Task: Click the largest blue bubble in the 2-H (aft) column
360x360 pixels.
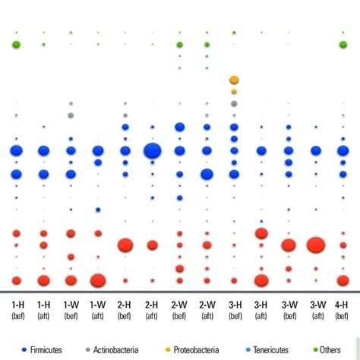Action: pyautogui.click(x=152, y=150)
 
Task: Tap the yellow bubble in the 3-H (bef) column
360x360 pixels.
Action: pyautogui.click(x=234, y=80)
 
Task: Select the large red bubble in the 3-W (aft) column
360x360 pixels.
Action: pyautogui.click(x=315, y=245)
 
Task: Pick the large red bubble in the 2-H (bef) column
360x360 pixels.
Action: pyautogui.click(x=125, y=245)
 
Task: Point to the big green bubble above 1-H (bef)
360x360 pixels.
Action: pyautogui.click(x=16, y=45)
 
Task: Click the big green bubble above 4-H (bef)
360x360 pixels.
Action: pyautogui.click(x=343, y=45)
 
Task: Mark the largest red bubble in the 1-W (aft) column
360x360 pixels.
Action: pyautogui.click(x=98, y=280)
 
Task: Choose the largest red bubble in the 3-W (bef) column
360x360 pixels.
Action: pyautogui.click(x=289, y=245)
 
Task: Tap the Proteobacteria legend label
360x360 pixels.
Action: pyautogui.click(x=196, y=349)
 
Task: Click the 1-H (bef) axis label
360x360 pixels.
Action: pyautogui.click(x=16, y=309)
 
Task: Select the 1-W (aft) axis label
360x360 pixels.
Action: pyautogui.click(x=98, y=309)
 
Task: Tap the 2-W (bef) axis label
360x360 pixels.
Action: pyautogui.click(x=179, y=309)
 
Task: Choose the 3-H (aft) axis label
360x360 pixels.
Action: pyautogui.click(x=261, y=309)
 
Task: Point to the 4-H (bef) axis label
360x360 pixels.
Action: pyautogui.click(x=343, y=309)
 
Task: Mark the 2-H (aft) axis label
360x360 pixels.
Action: pyautogui.click(x=152, y=309)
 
